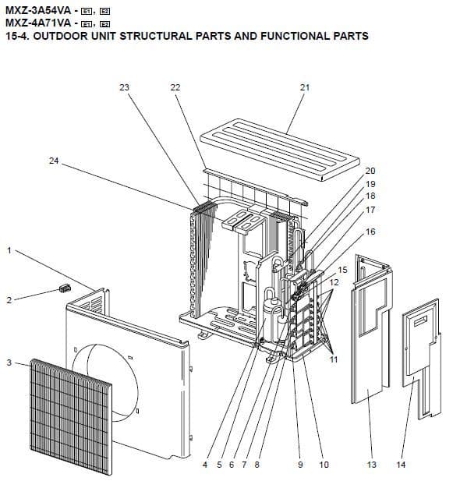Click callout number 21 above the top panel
coord(305,87)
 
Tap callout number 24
coord(54,161)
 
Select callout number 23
coord(124,87)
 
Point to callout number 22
coord(175,87)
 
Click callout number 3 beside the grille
coord(9,363)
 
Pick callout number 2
coord(9,299)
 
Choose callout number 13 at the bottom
coord(371,465)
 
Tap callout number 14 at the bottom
coord(401,465)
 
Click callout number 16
coord(370,232)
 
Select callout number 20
coord(370,171)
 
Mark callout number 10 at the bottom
coord(324,465)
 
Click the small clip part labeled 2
coord(65,288)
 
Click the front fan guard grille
coord(71,416)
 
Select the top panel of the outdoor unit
coord(280,150)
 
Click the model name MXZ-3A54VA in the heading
coord(38,10)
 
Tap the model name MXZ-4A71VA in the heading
coord(38,23)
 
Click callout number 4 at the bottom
coord(205,465)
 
